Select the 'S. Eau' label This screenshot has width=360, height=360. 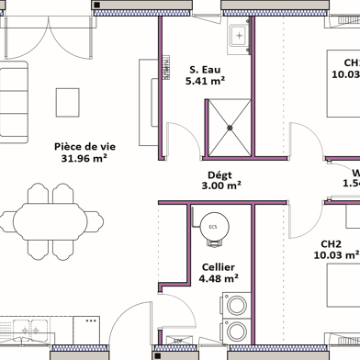click(206, 69)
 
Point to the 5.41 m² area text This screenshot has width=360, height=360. click(206, 81)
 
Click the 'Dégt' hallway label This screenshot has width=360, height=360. click(219, 174)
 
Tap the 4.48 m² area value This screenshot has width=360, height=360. click(219, 279)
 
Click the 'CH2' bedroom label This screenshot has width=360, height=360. click(332, 244)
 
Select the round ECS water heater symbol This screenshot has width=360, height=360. click(213, 227)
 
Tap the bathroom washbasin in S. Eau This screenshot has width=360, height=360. click(240, 38)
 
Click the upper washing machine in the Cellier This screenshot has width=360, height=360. click(238, 304)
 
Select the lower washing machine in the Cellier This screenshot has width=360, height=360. click(238, 331)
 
